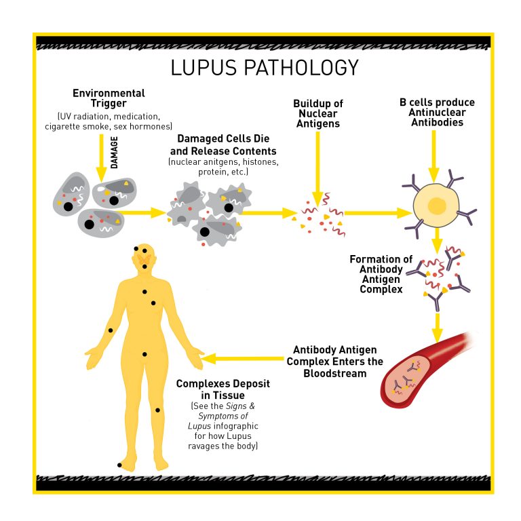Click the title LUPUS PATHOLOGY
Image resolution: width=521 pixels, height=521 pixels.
pyautogui.click(x=264, y=68)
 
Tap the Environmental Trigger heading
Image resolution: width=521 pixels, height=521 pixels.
pyautogui.click(x=109, y=98)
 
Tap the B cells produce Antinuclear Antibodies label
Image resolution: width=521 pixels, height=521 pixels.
pyautogui.click(x=437, y=113)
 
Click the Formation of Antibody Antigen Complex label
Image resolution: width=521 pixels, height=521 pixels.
pyautogui.click(x=381, y=274)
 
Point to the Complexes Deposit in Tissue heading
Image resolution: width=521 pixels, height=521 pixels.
pyautogui.click(x=223, y=389)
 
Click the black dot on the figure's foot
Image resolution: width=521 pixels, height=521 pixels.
pyautogui.click(x=119, y=465)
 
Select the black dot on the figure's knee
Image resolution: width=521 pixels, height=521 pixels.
pyautogui.click(x=159, y=410)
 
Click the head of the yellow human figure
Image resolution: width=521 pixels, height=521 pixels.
pyautogui.click(x=144, y=257)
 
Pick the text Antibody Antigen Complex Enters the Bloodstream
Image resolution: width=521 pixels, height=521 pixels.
pyautogui.click(x=334, y=362)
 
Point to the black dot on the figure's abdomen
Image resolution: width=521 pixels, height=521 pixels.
pyautogui.click(x=144, y=354)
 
